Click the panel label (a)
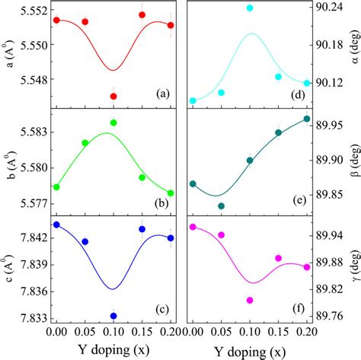pyautogui.click(x=161, y=94)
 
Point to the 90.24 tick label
pyautogui.click(x=329, y=7)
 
